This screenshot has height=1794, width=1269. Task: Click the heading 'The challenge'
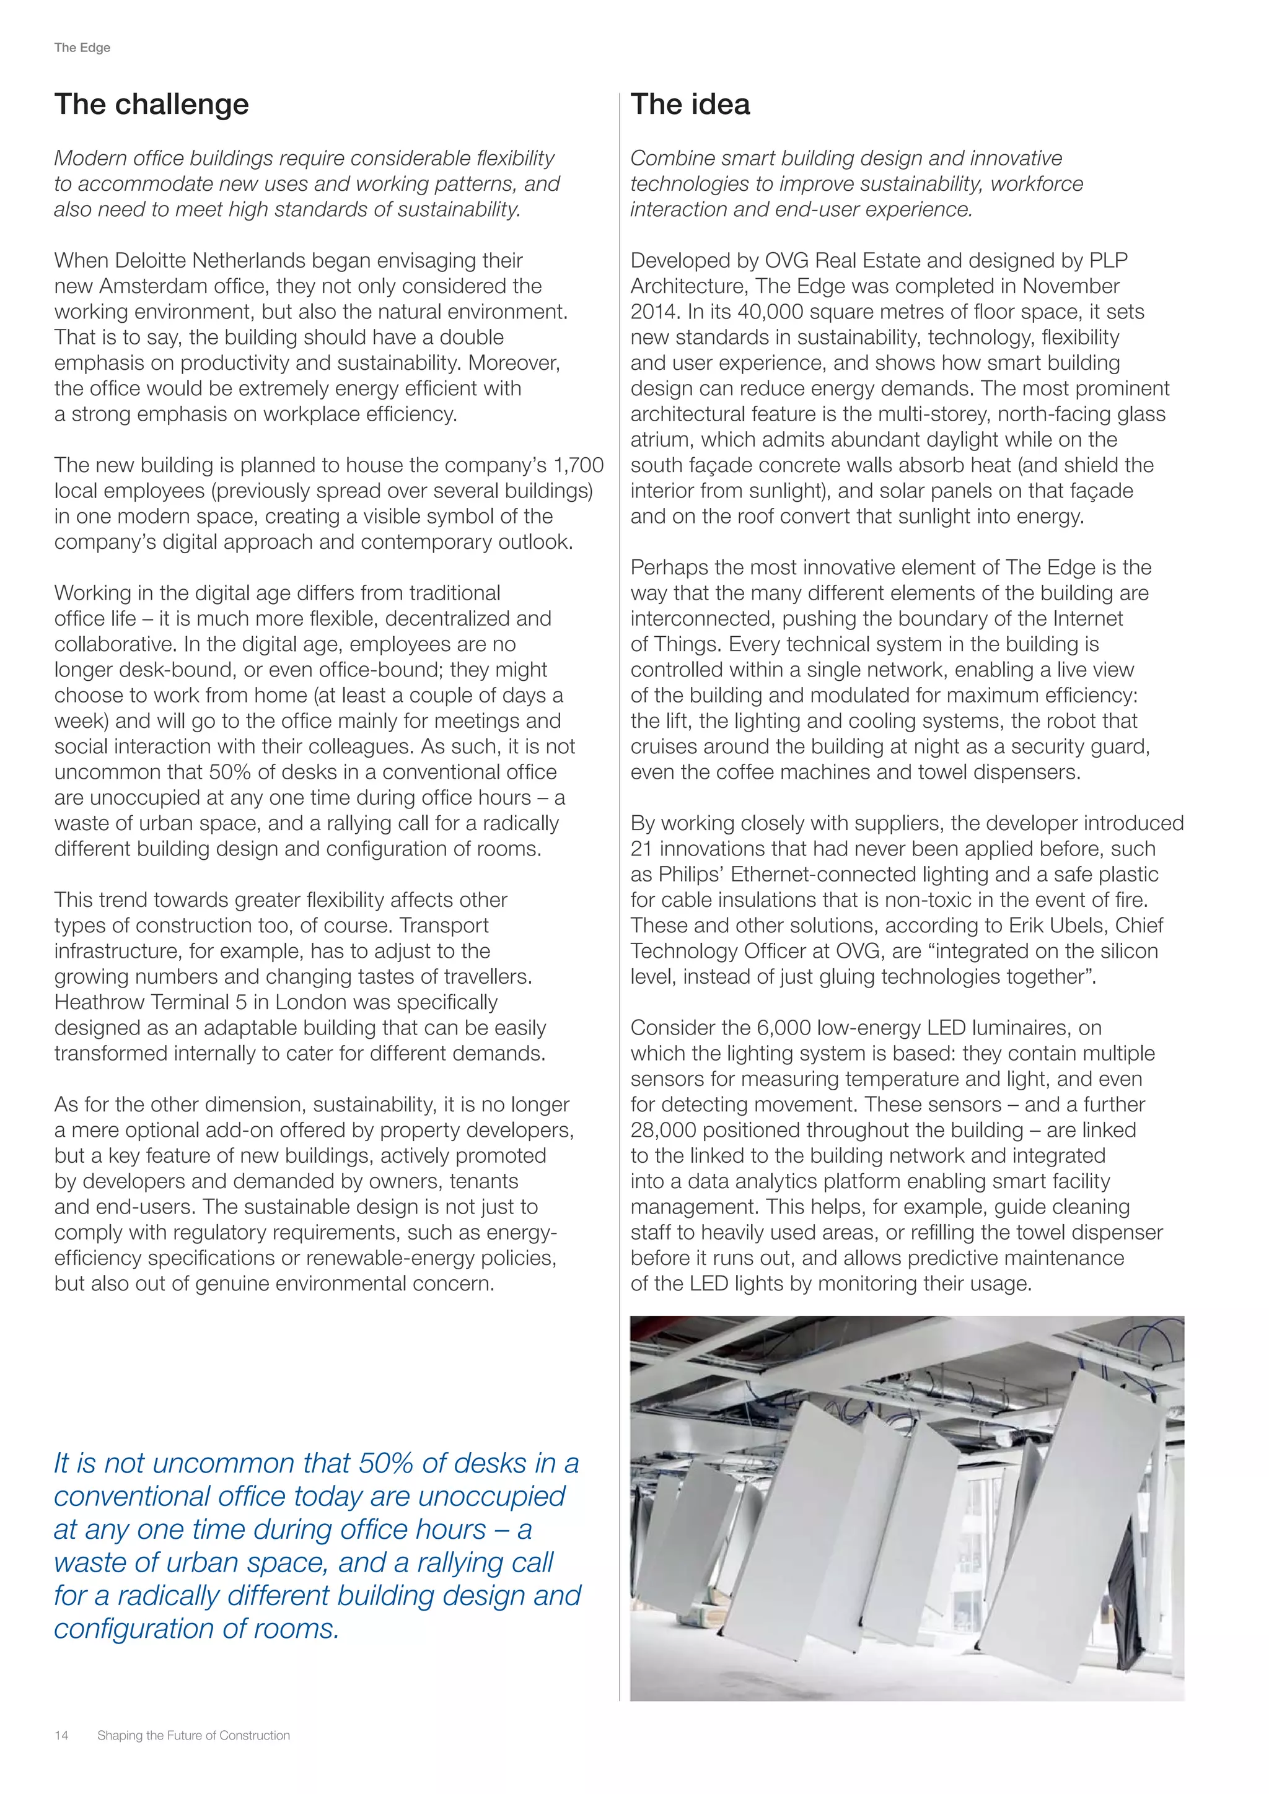tap(152, 105)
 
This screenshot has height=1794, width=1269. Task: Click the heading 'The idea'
tap(690, 105)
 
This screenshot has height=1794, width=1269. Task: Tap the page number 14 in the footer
tap(61, 1735)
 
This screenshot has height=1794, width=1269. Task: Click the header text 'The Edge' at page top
tap(82, 48)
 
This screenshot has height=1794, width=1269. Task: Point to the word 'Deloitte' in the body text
tap(151, 260)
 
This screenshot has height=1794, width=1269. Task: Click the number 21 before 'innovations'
tap(641, 849)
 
